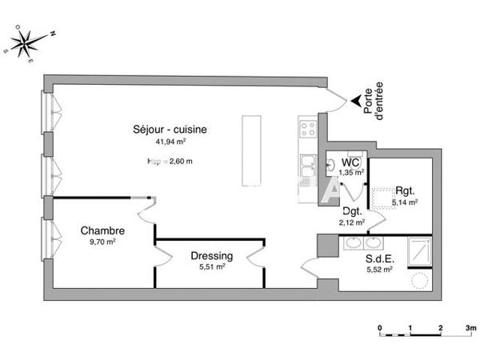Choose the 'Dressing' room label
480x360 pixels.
click(212, 256)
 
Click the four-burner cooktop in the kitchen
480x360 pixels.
click(308, 128)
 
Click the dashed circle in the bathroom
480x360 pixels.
click(419, 280)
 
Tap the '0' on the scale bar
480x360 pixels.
click(380, 328)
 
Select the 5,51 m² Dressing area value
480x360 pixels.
click(212, 267)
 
